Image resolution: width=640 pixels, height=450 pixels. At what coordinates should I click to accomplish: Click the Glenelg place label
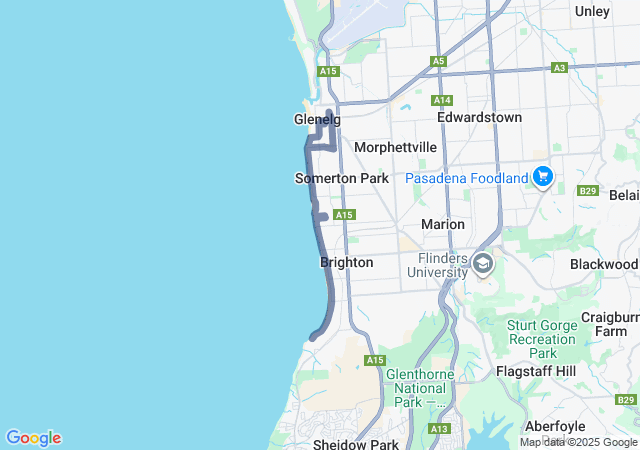317,119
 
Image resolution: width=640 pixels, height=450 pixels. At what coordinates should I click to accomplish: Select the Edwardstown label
479,117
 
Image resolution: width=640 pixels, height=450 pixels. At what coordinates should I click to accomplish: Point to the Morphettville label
395,147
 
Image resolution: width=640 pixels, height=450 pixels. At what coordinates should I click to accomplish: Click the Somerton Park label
341,178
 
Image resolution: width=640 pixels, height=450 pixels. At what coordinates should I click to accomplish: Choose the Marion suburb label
442,224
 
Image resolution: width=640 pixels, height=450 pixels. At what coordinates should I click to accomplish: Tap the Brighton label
346,262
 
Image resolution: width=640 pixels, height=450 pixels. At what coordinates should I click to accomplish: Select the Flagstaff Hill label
536,371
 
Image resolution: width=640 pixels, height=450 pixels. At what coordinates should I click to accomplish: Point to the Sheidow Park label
355,443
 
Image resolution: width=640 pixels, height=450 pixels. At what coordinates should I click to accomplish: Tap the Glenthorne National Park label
420,388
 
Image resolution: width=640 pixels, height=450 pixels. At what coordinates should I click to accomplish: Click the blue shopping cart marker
543,177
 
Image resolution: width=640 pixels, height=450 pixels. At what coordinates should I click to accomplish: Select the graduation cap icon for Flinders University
483,264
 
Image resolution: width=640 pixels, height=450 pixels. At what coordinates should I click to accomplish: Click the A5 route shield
438,61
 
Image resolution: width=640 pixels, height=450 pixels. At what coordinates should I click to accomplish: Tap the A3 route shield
559,68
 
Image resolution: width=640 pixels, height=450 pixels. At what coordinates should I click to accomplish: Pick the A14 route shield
443,100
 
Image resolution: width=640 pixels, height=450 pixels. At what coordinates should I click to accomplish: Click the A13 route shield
438,428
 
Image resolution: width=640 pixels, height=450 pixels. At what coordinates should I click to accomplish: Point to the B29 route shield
587,190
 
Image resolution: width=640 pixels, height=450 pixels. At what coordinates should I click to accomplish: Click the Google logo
33,438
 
